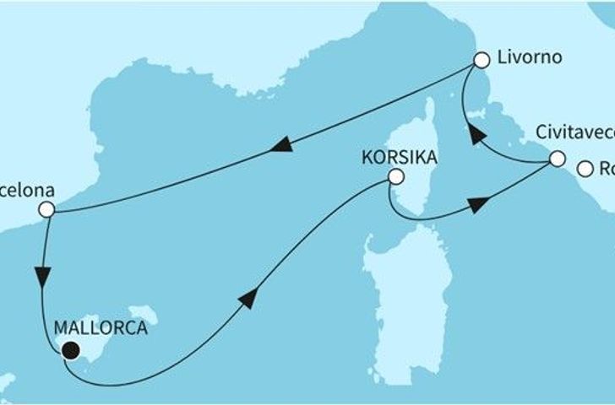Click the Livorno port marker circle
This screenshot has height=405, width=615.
[x=482, y=61]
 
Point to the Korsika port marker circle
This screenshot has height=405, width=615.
[x=395, y=177]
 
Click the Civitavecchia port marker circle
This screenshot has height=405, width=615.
[x=557, y=159]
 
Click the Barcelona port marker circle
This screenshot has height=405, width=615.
[x=46, y=208]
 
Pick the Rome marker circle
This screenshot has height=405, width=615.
[x=584, y=170]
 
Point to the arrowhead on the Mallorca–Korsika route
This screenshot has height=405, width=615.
[x=246, y=298]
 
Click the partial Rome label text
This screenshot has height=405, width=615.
[x=607, y=169]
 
